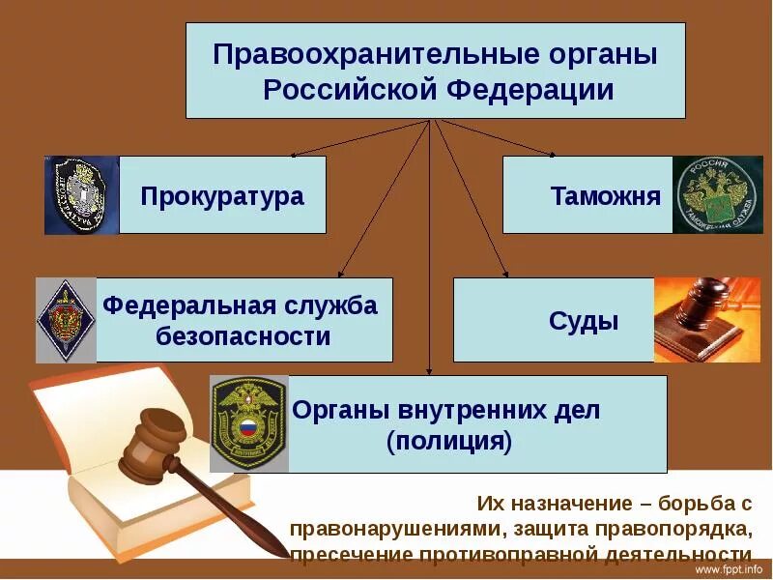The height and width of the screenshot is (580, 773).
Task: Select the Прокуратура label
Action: [222, 197]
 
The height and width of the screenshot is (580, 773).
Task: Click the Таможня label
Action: [606, 197]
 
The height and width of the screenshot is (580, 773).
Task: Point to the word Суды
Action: [584, 321]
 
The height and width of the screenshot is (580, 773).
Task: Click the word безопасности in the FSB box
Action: [243, 336]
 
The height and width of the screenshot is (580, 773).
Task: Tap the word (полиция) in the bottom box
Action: [447, 443]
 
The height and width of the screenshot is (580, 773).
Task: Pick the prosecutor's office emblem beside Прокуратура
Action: [82, 195]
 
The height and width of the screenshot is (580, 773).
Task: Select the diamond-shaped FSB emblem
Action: [66, 320]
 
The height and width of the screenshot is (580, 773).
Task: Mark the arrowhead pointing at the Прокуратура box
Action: [295, 154]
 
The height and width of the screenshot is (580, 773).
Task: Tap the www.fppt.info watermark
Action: [736, 570]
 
